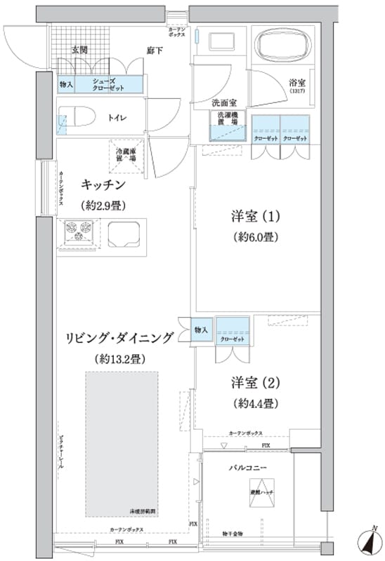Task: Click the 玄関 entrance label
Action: coord(79,50)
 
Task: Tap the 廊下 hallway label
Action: coord(155,50)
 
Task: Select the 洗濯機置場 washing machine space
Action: coord(226,126)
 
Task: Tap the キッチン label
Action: coord(103,184)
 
